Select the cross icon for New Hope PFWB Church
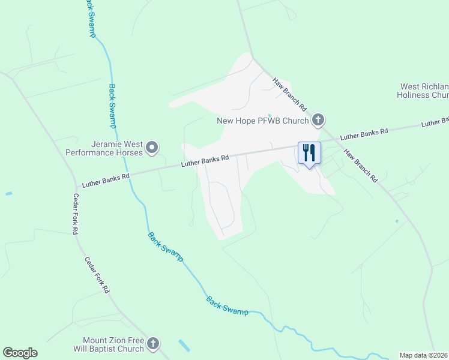(318, 121)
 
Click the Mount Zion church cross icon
(153, 344)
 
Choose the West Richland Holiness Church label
(424, 91)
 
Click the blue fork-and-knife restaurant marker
(309, 154)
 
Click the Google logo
(20, 353)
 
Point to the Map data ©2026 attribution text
(424, 355)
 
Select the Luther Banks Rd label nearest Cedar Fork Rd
(106, 178)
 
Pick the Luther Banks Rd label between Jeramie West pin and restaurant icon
(205, 161)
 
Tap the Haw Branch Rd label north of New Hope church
(290, 95)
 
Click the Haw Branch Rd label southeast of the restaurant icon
(360, 165)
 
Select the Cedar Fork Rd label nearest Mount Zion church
(97, 275)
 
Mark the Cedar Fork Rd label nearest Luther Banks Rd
(76, 213)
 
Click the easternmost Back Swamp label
(227, 305)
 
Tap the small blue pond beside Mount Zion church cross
(185, 346)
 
